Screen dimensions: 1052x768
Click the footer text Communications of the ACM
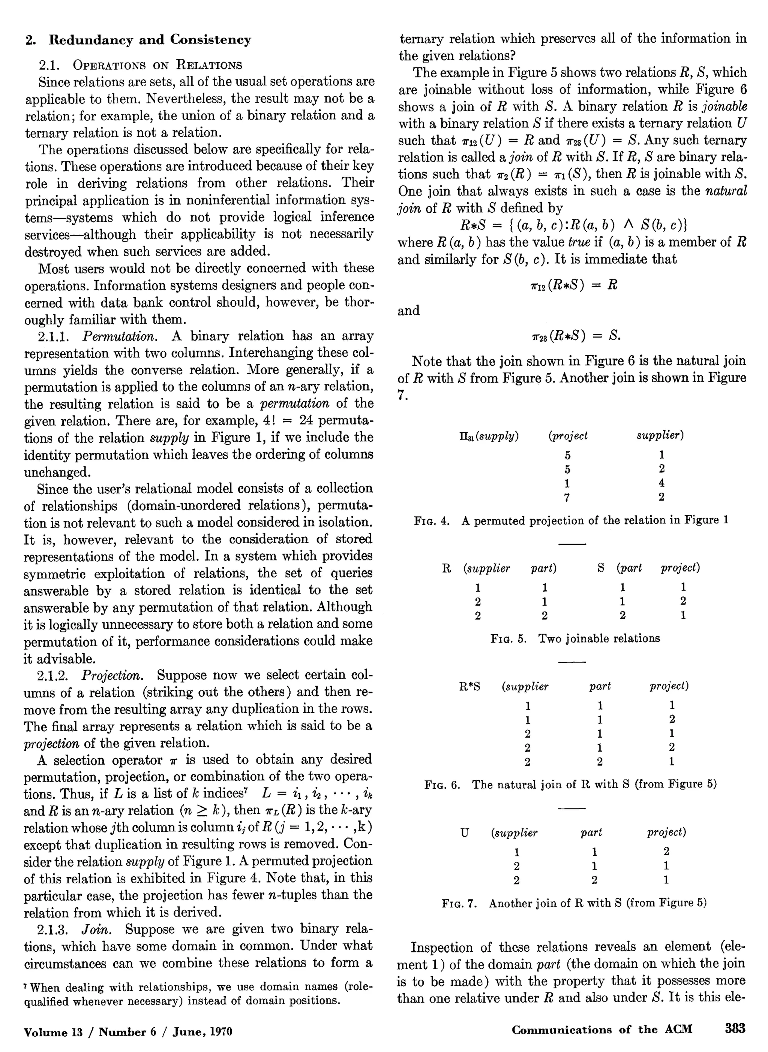pos(601,1030)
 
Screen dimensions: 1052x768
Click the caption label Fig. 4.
pos(431,521)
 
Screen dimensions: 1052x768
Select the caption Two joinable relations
pos(599,638)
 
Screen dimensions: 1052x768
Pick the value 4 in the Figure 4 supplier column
pos(661,483)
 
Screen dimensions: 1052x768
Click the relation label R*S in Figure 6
pos(469,686)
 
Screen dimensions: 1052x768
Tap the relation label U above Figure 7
pos(464,833)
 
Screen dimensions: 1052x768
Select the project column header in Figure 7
pos(666,832)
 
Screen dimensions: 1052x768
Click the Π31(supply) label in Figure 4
pos(488,436)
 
